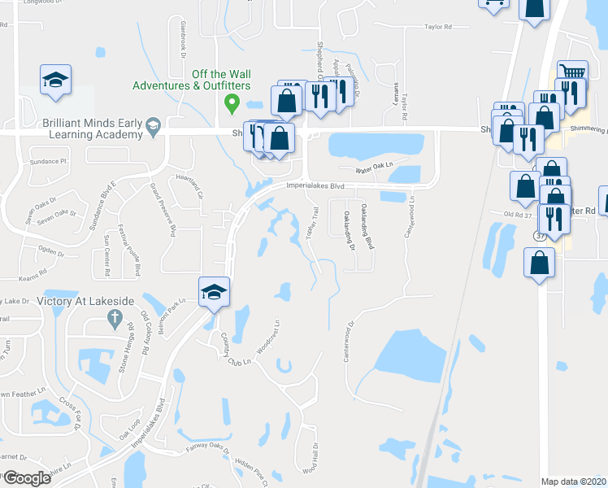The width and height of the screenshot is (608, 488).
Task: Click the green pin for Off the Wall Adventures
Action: [x=231, y=103]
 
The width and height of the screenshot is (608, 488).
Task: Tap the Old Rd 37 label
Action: [x=518, y=215]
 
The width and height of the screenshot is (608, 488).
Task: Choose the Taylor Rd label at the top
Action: [x=437, y=27]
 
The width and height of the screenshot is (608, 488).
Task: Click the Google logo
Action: [x=26, y=478]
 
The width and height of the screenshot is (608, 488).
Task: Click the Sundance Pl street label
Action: [x=46, y=163]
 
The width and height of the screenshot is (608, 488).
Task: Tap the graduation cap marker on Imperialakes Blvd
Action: [x=214, y=292]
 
